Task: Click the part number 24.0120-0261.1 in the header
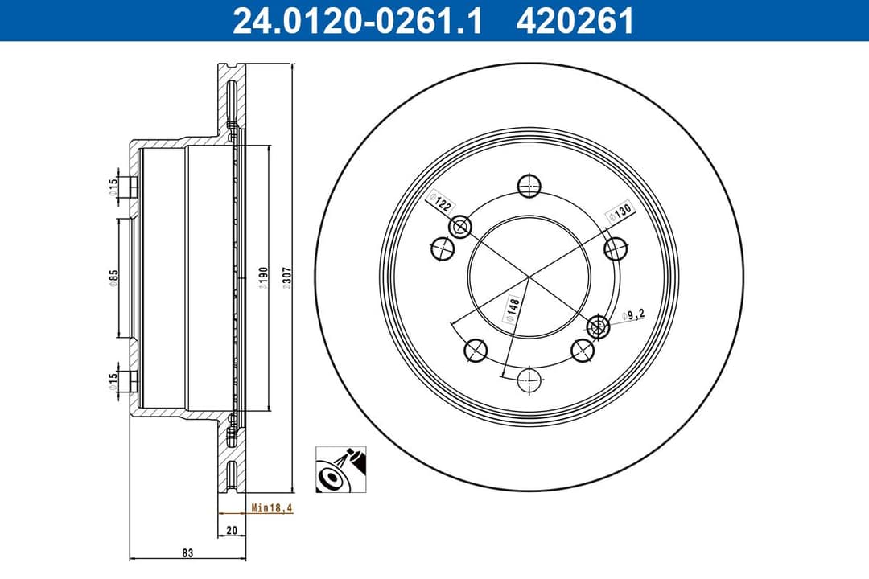[357, 21]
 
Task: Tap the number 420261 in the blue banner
[575, 21]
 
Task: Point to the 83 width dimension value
[187, 553]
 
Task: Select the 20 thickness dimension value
[232, 530]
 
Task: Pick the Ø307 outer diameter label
[287, 278]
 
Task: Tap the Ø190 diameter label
[263, 278]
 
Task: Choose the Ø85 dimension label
[115, 278]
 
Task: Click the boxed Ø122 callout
[440, 201]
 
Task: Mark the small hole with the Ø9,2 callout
[598, 326]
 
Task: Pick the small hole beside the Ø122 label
[461, 228]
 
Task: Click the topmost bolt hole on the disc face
[529, 186]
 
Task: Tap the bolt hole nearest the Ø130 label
[616, 248]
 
